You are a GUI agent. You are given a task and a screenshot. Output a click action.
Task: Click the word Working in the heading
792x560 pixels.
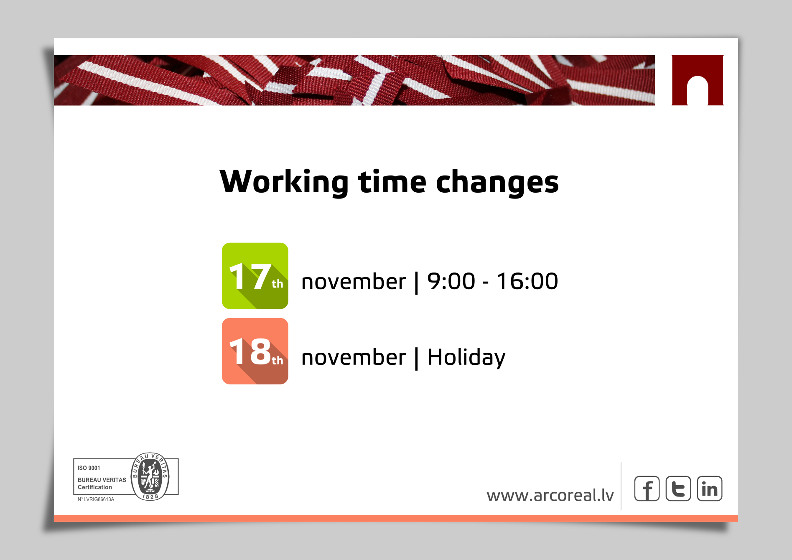[284, 182]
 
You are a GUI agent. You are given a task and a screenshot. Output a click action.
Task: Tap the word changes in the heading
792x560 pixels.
[497, 182]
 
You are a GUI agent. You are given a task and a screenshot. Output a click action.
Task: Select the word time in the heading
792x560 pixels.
[392, 182]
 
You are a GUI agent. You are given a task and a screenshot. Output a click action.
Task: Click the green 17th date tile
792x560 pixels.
[255, 276]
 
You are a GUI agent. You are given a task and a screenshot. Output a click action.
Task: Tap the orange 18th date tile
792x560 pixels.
[255, 351]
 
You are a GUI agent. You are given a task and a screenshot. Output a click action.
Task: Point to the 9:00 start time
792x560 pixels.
[451, 281]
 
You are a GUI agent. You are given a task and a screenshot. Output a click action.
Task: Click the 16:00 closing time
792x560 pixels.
[527, 281]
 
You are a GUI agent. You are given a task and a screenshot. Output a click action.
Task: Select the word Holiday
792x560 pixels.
[466, 358]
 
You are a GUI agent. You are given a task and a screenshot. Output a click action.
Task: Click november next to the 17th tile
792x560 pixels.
[354, 281]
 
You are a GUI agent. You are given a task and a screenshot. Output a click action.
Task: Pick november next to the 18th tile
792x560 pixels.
[354, 357]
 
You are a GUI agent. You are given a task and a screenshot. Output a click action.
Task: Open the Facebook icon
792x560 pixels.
[647, 489]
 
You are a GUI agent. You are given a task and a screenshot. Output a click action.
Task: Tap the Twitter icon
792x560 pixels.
[678, 489]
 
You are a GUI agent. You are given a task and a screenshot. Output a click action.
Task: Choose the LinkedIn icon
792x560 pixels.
[710, 489]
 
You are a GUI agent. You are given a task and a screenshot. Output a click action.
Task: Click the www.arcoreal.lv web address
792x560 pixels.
[550, 495]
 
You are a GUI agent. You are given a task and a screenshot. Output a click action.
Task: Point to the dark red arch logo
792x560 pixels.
[698, 80]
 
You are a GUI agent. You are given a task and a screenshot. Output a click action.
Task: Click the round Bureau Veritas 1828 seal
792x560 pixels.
[150, 476]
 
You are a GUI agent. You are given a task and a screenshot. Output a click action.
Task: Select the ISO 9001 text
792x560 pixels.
[89, 468]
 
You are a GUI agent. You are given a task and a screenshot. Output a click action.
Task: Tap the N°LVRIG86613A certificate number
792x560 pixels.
[96, 499]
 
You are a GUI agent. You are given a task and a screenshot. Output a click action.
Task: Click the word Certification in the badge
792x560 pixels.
[95, 487]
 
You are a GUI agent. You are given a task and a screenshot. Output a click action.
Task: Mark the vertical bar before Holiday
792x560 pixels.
[416, 359]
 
